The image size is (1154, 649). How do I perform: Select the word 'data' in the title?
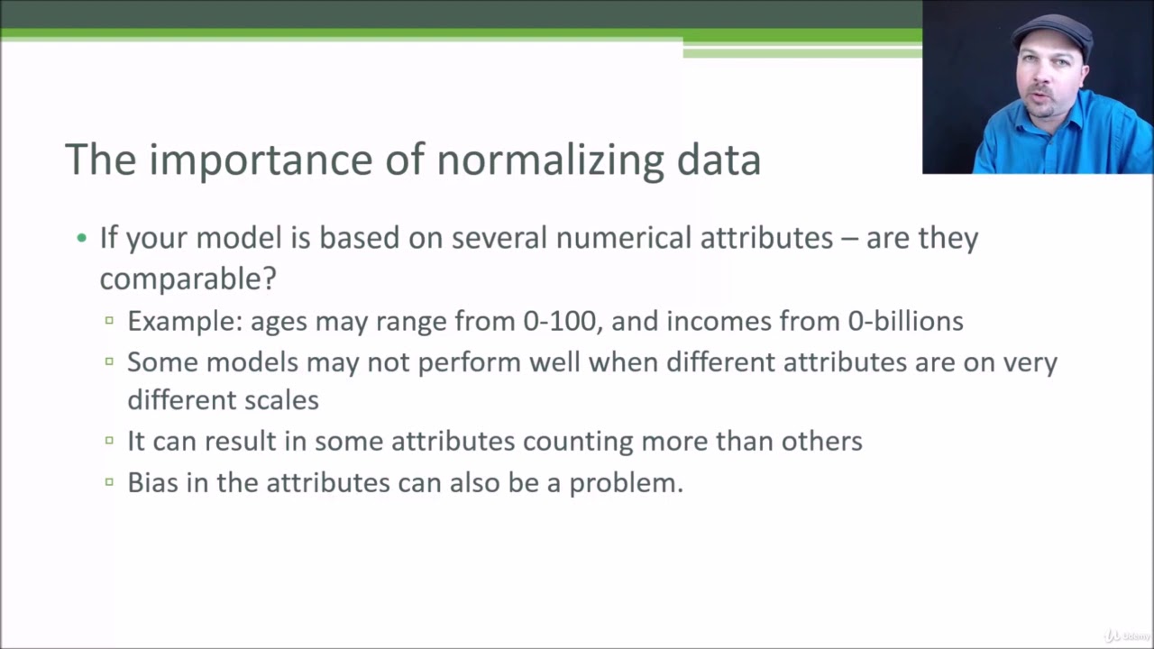[719, 160]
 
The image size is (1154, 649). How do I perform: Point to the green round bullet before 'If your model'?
[82, 239]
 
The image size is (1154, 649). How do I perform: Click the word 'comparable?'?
[188, 279]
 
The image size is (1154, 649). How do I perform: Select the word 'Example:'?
[185, 321]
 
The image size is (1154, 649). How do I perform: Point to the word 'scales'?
[281, 399]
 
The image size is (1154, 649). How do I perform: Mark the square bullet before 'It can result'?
[109, 441]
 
